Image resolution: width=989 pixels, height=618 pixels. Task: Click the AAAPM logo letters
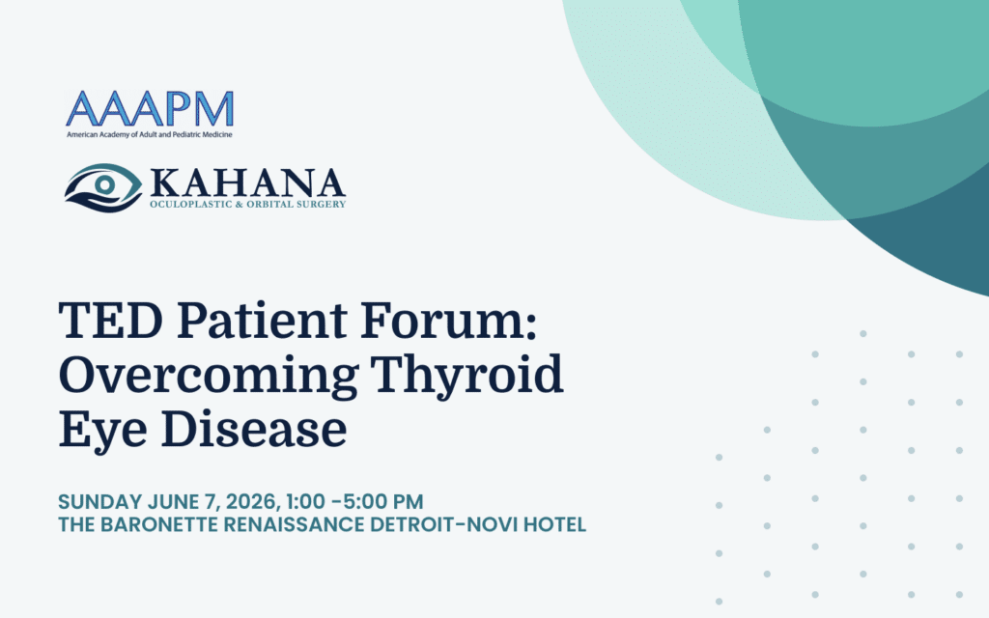click(x=150, y=108)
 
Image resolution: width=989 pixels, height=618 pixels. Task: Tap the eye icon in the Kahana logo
click(x=103, y=187)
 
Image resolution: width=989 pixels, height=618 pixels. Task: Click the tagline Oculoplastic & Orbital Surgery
click(x=248, y=205)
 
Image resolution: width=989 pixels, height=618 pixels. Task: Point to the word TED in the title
click(x=111, y=321)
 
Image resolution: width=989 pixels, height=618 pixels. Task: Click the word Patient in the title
click(x=262, y=321)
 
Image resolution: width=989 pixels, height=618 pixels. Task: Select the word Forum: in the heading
click(x=449, y=321)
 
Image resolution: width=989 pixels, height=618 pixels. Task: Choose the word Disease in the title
click(x=254, y=429)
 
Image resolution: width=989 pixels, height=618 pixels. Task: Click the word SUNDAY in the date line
click(x=100, y=502)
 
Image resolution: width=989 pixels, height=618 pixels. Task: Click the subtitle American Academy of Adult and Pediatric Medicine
click(x=150, y=135)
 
